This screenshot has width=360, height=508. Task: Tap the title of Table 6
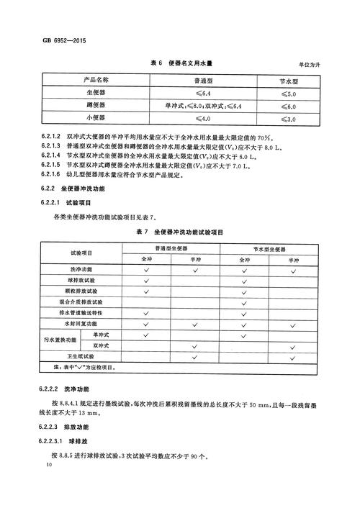pyautogui.click(x=179, y=65)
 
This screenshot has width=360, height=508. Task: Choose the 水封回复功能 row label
pyautogui.click(x=91, y=325)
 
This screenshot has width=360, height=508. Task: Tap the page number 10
pyautogui.click(x=48, y=467)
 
